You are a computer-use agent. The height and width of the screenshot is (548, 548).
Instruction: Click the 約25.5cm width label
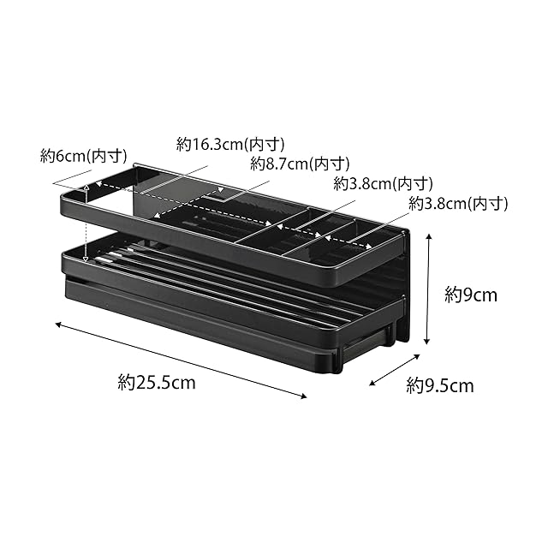(157, 383)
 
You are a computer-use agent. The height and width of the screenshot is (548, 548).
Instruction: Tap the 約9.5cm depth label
(440, 386)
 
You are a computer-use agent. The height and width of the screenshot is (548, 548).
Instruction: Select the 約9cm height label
(471, 295)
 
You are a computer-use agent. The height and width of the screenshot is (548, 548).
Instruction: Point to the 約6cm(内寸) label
(84, 156)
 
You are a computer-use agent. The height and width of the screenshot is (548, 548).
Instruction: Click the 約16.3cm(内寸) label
(230, 144)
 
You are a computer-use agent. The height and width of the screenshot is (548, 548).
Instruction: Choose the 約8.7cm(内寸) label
(300, 164)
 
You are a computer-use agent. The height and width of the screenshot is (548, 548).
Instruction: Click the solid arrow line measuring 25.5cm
(181, 360)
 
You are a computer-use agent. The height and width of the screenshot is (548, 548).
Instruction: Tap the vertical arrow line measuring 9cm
(428, 289)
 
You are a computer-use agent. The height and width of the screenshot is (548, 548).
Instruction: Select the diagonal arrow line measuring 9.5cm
(395, 370)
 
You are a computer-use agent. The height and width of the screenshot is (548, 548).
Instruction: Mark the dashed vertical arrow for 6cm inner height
(86, 223)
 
